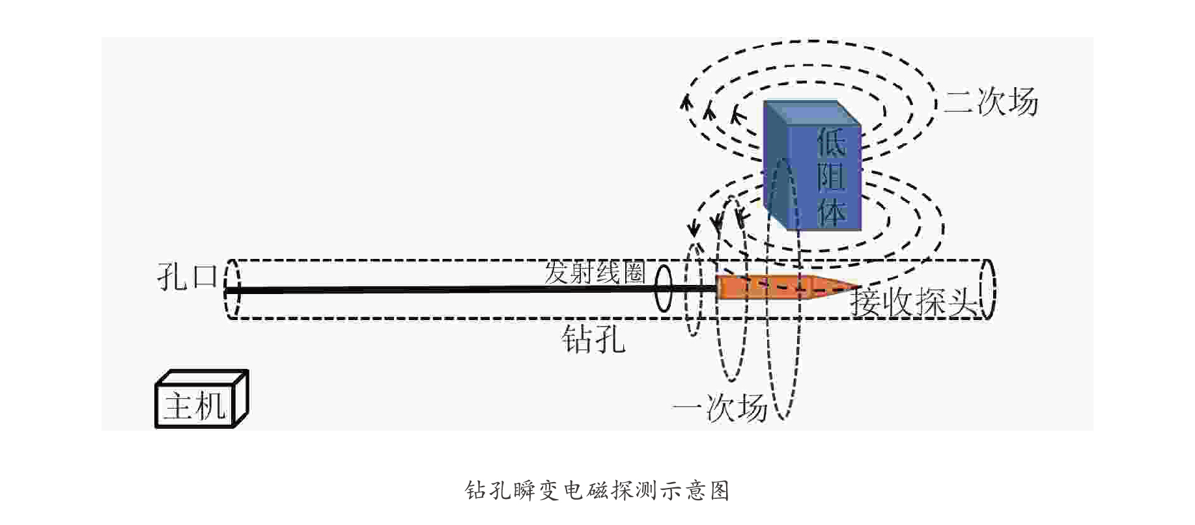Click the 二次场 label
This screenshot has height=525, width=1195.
(991, 102)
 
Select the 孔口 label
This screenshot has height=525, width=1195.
(187, 276)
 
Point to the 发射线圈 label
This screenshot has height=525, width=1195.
(594, 272)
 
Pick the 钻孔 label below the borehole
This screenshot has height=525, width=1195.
(593, 340)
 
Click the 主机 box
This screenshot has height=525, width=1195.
(195, 405)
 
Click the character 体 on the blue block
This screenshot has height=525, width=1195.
(831, 212)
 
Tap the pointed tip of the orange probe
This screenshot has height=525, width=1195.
(854, 286)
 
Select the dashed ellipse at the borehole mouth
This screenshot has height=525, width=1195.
(232, 289)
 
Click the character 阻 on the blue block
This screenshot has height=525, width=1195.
(831, 177)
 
